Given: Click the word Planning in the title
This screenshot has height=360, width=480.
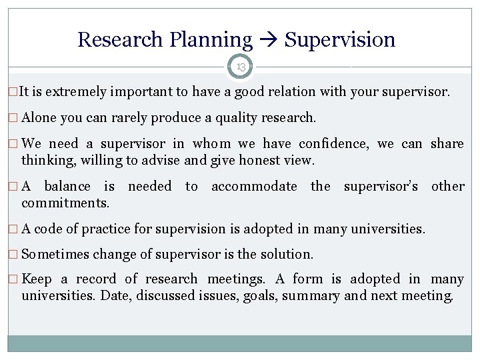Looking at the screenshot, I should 211,40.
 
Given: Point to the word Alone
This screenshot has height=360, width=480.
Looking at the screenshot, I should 39,118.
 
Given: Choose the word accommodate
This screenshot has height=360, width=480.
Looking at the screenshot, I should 254,187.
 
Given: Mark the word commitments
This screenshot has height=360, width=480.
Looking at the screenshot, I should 65,203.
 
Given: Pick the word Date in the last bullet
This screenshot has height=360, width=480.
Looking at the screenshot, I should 113,295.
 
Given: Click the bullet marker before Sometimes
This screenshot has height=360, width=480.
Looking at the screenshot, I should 14,255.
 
